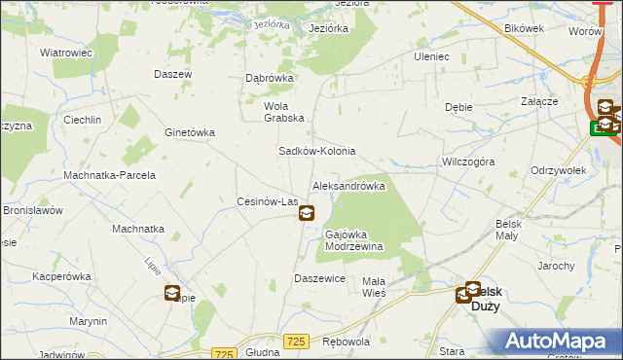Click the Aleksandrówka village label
(348, 186)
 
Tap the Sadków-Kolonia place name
(317, 152)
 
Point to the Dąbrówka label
(269, 80)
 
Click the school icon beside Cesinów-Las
(307, 213)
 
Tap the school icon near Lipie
(172, 293)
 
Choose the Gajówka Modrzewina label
(353, 240)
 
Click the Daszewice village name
(320, 278)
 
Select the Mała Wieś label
(374, 287)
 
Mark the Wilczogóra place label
(468, 162)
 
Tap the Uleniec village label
(431, 56)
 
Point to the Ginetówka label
(190, 132)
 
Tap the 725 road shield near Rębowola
(298, 341)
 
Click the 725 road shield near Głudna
(225, 354)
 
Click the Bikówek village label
(525, 28)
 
